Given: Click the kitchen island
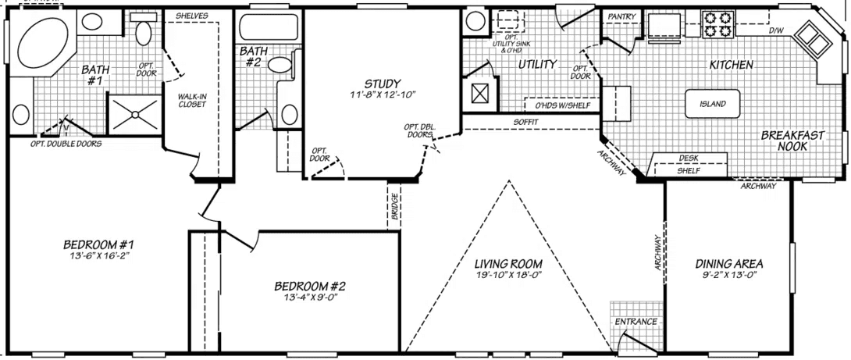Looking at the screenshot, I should (713, 104).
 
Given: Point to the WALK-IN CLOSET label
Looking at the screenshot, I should (192, 100).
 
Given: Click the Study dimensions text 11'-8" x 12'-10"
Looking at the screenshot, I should (382, 94).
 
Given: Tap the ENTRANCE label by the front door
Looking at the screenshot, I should (636, 322).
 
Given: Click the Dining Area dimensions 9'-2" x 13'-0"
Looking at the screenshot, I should (729, 276).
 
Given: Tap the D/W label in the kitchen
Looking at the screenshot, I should (776, 31).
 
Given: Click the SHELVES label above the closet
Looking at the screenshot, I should (190, 15).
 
